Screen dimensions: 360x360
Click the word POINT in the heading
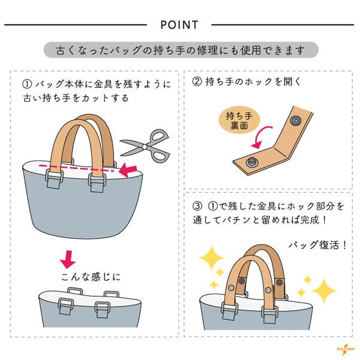(179, 25)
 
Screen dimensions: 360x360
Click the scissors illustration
(145, 146)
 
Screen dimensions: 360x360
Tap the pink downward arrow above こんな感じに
(68, 259)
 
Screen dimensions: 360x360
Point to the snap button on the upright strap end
(296, 121)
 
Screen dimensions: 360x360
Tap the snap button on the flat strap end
(252, 162)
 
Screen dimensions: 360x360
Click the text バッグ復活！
(317, 245)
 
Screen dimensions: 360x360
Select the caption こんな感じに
(91, 277)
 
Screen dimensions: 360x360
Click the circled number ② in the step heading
(197, 82)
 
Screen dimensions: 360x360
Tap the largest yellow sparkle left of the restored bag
(211, 257)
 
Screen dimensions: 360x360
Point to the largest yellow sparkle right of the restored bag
(324, 291)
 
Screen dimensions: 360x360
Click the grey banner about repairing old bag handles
(181, 50)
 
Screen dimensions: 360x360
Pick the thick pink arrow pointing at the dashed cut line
(128, 170)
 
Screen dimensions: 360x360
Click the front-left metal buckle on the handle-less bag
(66, 306)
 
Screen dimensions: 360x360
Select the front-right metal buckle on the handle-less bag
(102, 310)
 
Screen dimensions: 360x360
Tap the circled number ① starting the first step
(27, 84)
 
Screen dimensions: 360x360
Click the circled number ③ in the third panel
(197, 206)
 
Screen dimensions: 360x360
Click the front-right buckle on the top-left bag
(97, 182)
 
